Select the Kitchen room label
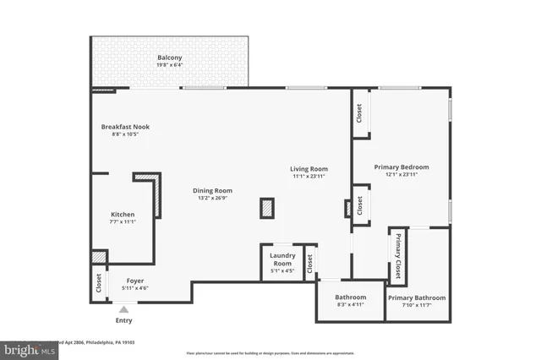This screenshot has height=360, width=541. click(122, 215)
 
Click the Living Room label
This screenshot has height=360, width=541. click(309, 169)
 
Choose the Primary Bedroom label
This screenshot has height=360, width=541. click(402, 167)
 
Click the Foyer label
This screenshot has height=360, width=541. click(135, 281)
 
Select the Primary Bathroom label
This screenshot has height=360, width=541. click(417, 298)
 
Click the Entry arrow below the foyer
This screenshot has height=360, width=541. click(123, 310)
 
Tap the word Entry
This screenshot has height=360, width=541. click(123, 321)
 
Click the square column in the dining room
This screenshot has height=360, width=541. click(267, 208)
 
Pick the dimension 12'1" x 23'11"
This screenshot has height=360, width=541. click(402, 176)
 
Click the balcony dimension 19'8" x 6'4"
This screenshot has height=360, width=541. click(169, 65)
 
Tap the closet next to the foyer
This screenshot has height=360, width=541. click(99, 285)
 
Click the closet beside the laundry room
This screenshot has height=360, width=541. click(310, 264)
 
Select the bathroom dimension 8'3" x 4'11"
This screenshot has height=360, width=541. click(350, 306)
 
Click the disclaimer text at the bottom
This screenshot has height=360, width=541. click(270, 353)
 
